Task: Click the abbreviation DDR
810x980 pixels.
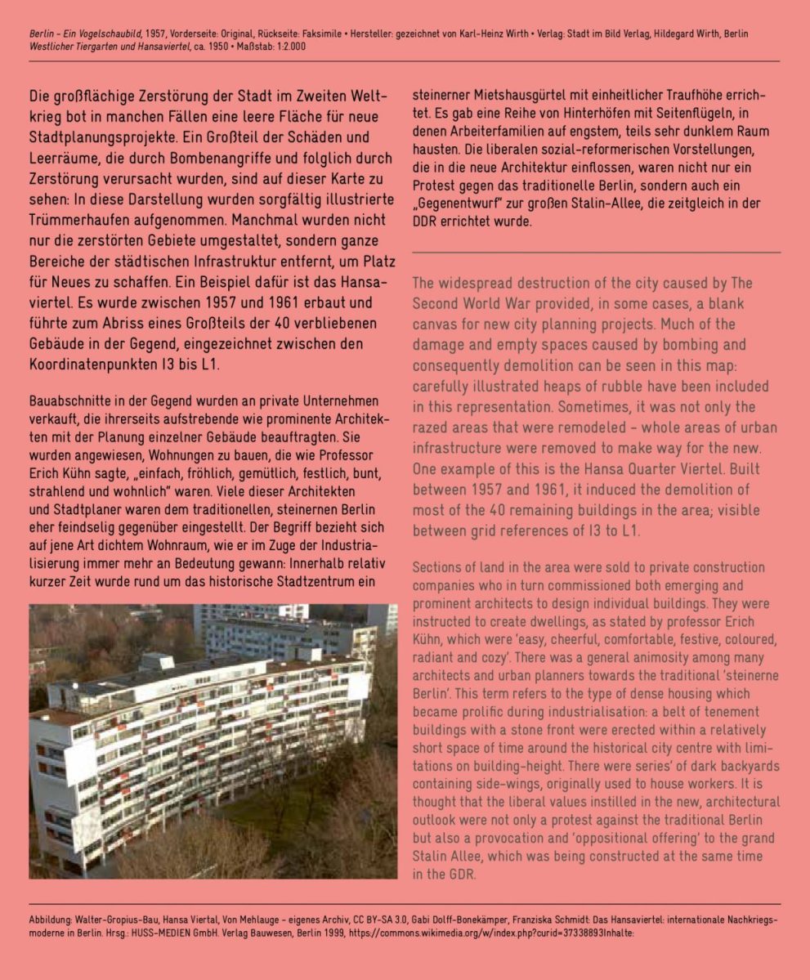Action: point(424,222)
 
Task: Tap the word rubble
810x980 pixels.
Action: point(626,386)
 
